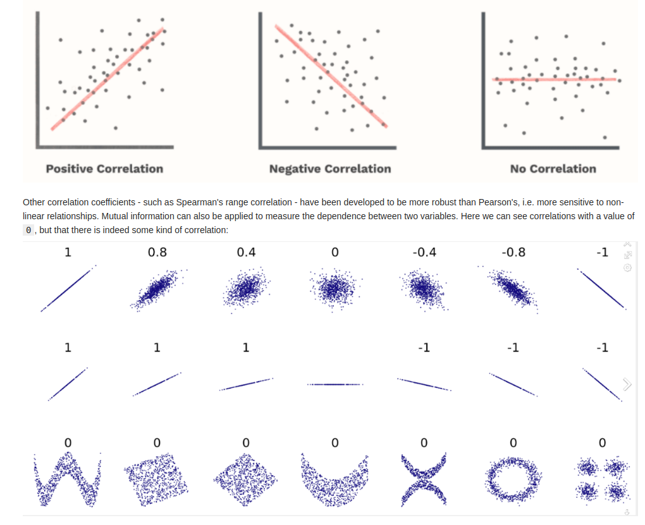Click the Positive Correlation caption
click(104, 169)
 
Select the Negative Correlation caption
click(329, 169)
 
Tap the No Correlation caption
click(553, 169)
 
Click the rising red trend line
click(107, 79)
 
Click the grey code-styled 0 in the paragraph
click(28, 231)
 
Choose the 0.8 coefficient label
click(157, 252)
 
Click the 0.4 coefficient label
click(246, 252)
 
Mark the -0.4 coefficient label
click(424, 252)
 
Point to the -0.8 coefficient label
click(513, 252)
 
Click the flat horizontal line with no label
click(335, 384)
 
